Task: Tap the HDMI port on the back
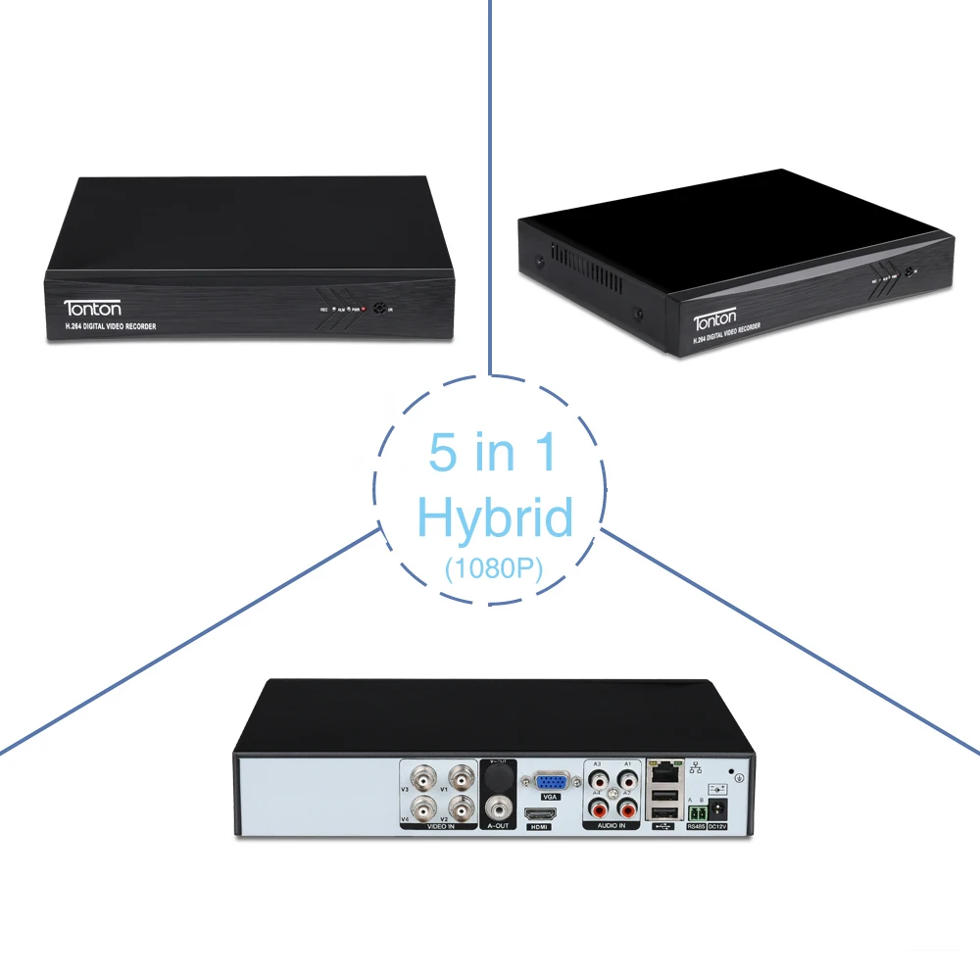(x=539, y=813)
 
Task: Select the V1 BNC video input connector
(x=462, y=781)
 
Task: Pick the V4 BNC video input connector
(x=424, y=809)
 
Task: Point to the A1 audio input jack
(x=625, y=781)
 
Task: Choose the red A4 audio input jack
(x=598, y=809)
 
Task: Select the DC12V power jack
(x=717, y=809)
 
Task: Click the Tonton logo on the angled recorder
(x=719, y=321)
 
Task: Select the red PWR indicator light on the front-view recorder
(x=364, y=309)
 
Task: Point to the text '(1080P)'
(x=493, y=567)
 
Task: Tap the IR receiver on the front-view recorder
(x=378, y=307)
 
